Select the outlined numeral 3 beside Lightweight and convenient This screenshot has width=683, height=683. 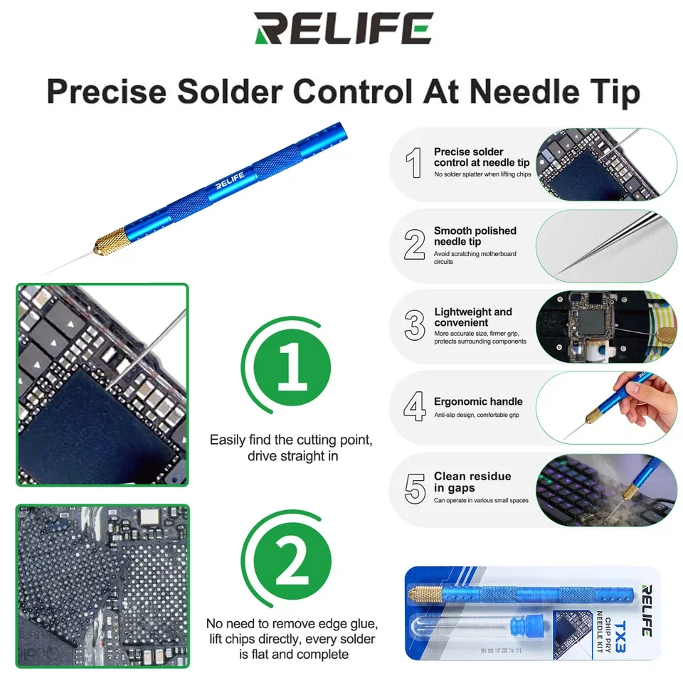pyautogui.click(x=414, y=325)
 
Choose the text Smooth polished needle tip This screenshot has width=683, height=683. pyautogui.click(x=475, y=236)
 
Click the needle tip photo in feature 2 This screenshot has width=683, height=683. pyautogui.click(x=605, y=245)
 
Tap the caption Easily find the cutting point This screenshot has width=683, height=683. pyautogui.click(x=290, y=440)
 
